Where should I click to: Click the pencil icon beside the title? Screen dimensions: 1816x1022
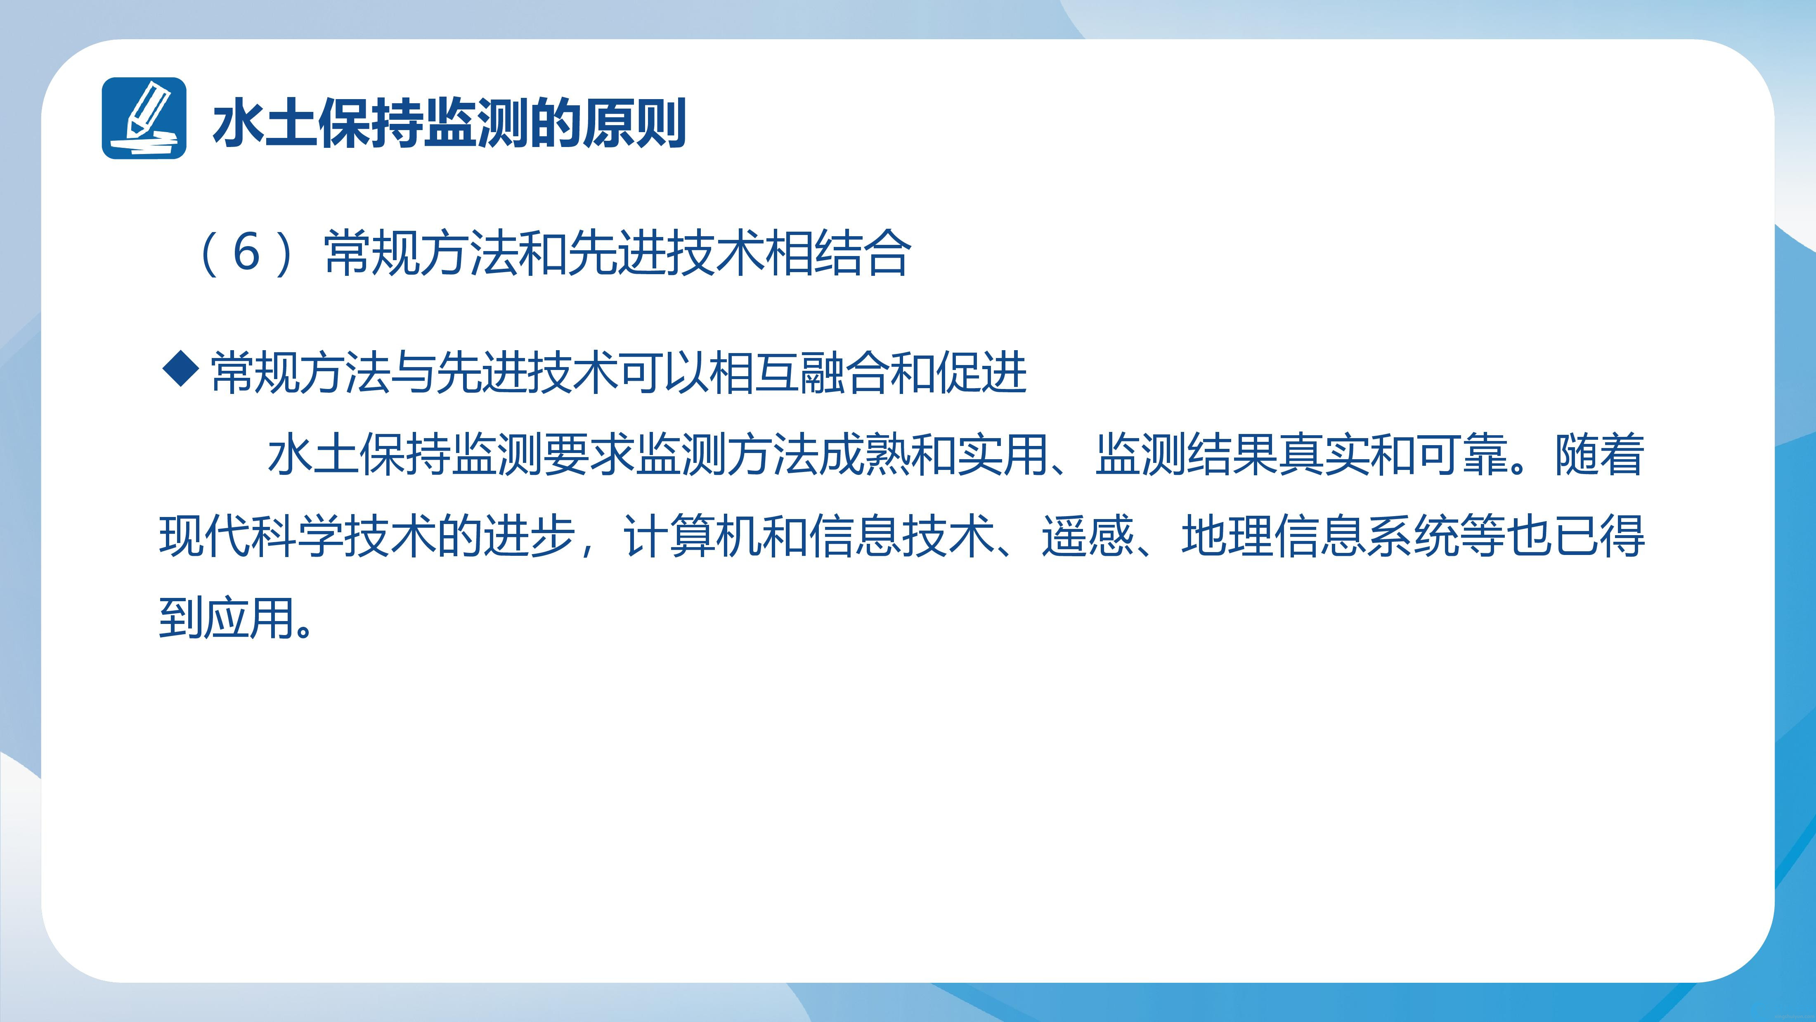(x=144, y=118)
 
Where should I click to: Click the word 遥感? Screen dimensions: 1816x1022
(x=1088, y=536)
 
